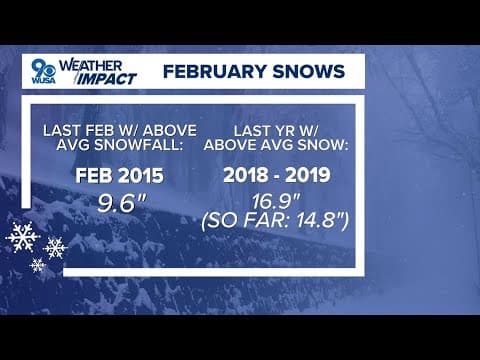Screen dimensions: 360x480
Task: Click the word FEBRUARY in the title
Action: [207, 72]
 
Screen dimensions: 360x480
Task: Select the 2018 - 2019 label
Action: [288, 177]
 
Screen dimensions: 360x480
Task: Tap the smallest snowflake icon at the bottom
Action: [37, 265]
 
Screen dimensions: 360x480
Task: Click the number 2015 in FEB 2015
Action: [143, 177]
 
